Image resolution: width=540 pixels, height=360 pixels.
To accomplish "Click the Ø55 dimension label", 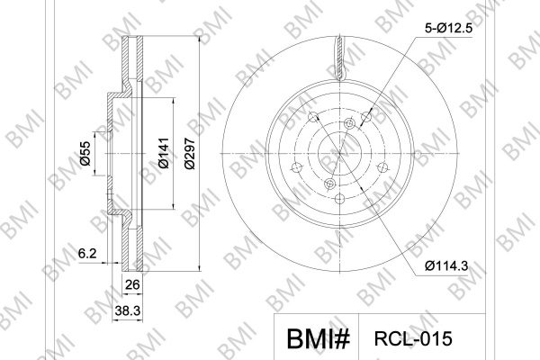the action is point(85,153).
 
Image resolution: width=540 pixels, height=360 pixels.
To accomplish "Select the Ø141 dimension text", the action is point(164,153).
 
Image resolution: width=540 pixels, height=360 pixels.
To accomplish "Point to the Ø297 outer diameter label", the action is point(190,153).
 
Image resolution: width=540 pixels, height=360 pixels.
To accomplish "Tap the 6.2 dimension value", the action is point(87,254).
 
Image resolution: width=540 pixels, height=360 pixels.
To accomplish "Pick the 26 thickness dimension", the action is point(132,285).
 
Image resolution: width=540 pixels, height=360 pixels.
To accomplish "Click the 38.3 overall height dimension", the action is point(128,310).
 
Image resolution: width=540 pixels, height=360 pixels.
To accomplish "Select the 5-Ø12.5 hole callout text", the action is point(448,28).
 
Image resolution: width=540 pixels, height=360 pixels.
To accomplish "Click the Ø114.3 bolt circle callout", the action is point(446,265).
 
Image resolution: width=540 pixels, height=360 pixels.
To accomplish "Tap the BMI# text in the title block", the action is point(319,338).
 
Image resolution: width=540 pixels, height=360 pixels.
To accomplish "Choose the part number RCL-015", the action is point(413,338).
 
